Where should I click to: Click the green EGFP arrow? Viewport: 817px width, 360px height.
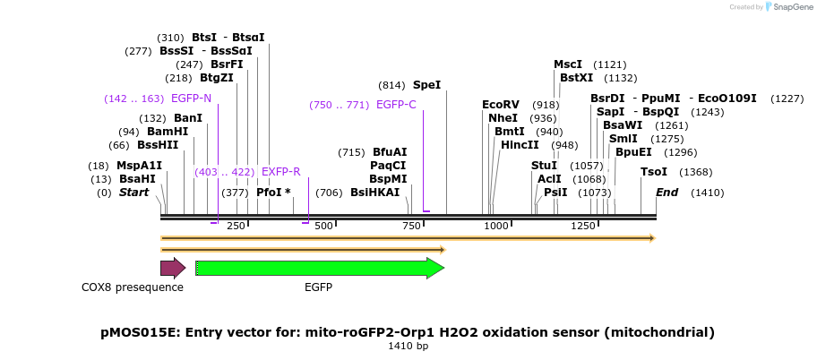coord(319,268)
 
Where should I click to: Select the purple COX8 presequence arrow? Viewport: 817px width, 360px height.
coord(172,268)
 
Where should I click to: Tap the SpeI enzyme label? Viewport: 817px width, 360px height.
coord(426,85)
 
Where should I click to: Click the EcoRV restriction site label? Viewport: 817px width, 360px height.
coord(501,105)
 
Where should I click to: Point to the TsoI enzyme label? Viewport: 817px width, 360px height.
coord(654,172)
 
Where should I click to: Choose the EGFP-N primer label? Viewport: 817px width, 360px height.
coord(191,99)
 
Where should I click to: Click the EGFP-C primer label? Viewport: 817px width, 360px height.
coord(396,105)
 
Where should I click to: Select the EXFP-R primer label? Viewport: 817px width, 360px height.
coord(280,172)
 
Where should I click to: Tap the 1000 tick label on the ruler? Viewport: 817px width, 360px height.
coord(496,227)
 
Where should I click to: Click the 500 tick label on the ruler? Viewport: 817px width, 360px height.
coord(323,227)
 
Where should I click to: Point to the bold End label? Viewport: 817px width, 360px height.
coord(666,193)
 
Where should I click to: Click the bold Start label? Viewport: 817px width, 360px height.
coord(133,193)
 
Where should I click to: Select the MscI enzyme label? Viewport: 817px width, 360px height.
coord(568,64)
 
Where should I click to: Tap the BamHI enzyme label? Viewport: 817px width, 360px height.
coord(168,132)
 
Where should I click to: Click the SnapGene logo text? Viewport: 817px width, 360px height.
coord(788,7)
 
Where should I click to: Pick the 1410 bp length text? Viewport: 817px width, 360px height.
coord(408,346)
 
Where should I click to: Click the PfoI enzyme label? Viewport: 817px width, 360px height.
coord(269,193)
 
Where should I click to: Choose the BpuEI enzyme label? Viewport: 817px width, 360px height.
coord(633,152)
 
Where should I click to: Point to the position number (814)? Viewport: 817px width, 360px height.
coord(391,85)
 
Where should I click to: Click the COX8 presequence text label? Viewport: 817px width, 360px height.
coord(133,287)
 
